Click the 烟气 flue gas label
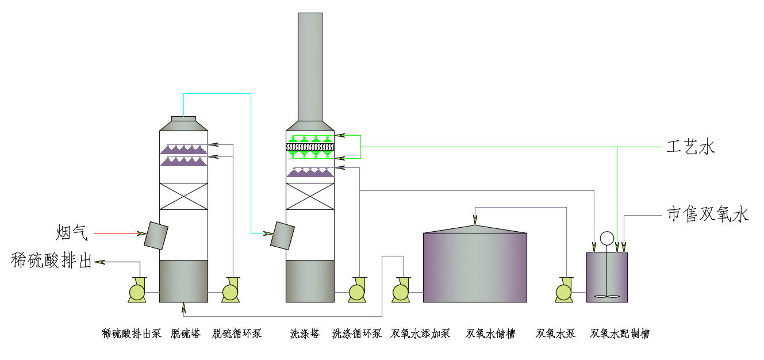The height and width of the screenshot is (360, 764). [72, 233]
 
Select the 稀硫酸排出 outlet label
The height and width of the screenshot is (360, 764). [52, 261]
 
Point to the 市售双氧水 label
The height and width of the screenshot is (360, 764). [708, 215]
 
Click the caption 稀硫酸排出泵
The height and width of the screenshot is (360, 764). [132, 334]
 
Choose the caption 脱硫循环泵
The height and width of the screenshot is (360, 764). [237, 334]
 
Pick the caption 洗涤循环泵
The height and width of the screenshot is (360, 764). [356, 334]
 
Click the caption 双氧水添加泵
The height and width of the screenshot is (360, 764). [420, 334]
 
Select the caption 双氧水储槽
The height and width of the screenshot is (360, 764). [490, 334]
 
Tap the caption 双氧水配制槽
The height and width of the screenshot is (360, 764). [620, 334]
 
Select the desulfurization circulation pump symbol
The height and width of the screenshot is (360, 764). [231, 291]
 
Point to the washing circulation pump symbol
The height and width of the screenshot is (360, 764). [356, 291]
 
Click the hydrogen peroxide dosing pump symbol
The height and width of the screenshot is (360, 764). [401, 291]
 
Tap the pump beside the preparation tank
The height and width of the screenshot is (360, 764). [563, 291]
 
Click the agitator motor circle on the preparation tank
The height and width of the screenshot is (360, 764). [606, 238]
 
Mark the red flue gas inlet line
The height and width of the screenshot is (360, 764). [118, 233]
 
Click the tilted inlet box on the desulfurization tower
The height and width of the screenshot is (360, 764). [156, 235]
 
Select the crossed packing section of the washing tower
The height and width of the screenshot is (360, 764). [310, 196]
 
